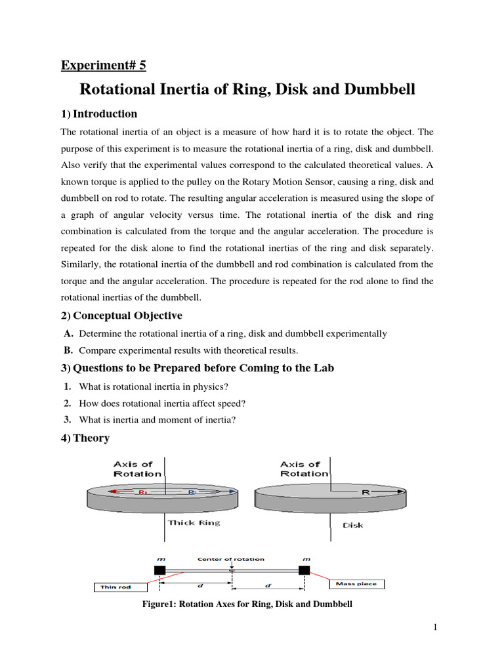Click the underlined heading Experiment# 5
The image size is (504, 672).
[x=104, y=65]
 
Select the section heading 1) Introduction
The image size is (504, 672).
[x=99, y=114]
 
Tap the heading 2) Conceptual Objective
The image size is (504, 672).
[x=121, y=316]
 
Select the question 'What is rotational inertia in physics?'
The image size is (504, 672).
[x=154, y=386]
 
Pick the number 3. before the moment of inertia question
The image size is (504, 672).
[x=68, y=420]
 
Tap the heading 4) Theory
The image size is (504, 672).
[x=85, y=438]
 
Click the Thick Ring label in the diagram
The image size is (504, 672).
[x=194, y=523]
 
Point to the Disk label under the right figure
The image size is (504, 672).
[x=352, y=525]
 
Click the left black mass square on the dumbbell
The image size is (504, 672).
[x=159, y=570]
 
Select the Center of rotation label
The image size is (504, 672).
[x=231, y=559]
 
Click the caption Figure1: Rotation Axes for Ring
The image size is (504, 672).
[x=247, y=604]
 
